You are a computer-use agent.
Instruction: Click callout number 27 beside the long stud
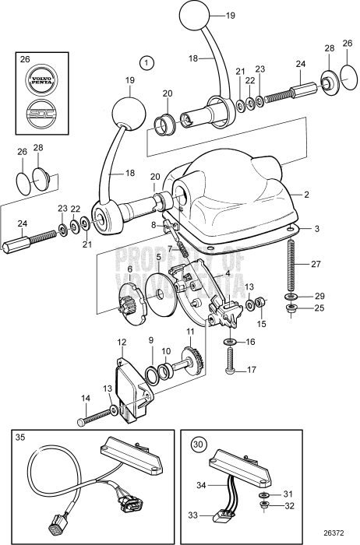tap(316, 264)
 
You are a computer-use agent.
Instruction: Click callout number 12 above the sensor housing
tap(122, 342)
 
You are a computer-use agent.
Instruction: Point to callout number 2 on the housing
tap(307, 193)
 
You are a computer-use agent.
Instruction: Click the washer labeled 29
tap(290, 297)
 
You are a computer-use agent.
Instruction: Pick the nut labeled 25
tap(290, 309)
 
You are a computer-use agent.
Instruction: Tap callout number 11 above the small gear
tap(188, 330)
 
